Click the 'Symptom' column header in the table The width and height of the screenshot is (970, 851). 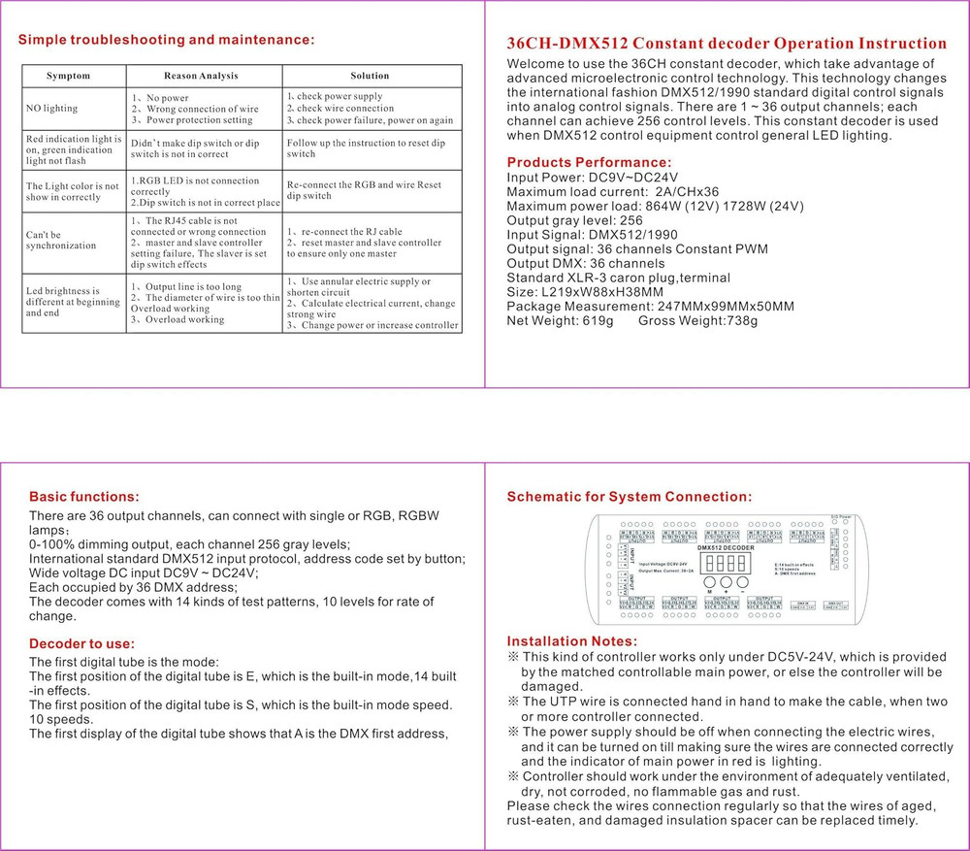(x=68, y=76)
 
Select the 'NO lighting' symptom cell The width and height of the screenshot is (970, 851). (x=52, y=109)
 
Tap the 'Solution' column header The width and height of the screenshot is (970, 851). (x=370, y=76)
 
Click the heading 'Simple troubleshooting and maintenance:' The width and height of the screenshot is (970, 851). (x=167, y=40)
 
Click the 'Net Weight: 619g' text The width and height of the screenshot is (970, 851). (x=560, y=320)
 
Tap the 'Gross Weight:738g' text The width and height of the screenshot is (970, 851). (x=697, y=320)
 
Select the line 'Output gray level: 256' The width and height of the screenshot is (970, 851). (x=574, y=220)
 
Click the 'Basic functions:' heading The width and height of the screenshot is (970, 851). (x=84, y=497)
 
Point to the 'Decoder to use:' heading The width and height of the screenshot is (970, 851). (x=81, y=643)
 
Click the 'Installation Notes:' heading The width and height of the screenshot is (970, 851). (x=572, y=641)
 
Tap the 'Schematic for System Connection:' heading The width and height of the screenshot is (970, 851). (x=630, y=497)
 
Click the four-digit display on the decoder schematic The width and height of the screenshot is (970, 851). (x=725, y=564)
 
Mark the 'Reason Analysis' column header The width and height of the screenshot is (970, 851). (x=201, y=76)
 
